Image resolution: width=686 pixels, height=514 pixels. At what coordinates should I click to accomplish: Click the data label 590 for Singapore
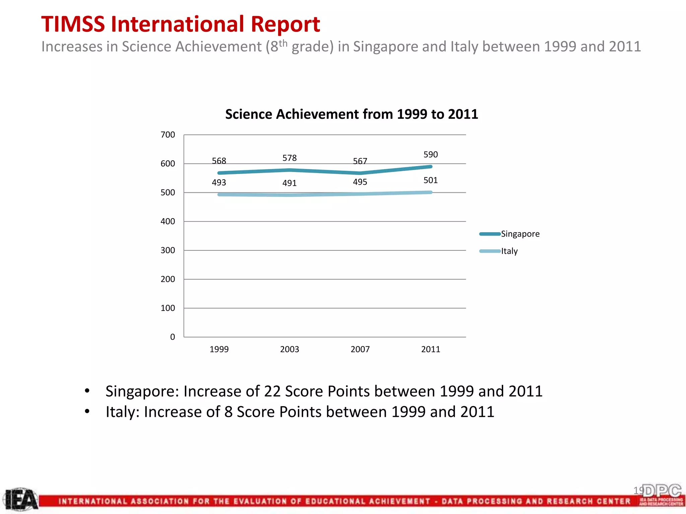click(x=430, y=155)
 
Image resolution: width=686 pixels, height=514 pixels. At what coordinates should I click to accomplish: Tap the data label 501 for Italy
click(x=430, y=180)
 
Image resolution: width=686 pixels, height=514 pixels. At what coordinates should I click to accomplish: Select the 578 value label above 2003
click(x=289, y=158)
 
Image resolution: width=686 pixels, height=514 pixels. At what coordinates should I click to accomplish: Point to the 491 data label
click(x=289, y=183)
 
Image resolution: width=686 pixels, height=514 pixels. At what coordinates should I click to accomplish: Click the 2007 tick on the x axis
click(x=360, y=349)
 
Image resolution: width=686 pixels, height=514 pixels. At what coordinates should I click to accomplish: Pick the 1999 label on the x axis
click(x=219, y=349)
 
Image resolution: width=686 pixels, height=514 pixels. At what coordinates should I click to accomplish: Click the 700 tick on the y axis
click(x=168, y=135)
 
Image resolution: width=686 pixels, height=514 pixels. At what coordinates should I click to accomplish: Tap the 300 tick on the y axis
click(x=168, y=250)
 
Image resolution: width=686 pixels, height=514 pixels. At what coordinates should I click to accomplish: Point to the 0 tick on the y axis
click(x=173, y=337)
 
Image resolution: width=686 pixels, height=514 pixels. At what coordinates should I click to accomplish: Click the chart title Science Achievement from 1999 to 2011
click(x=351, y=114)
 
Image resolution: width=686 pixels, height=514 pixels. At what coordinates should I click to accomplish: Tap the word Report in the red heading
click(x=285, y=24)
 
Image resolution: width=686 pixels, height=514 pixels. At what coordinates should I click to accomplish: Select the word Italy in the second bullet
click(x=122, y=412)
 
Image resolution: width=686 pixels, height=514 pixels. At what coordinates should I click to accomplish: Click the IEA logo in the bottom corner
click(x=21, y=500)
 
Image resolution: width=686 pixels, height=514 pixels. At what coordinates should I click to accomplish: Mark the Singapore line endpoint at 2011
click(x=431, y=167)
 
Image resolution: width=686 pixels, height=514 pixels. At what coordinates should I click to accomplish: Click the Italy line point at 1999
click(x=219, y=194)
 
